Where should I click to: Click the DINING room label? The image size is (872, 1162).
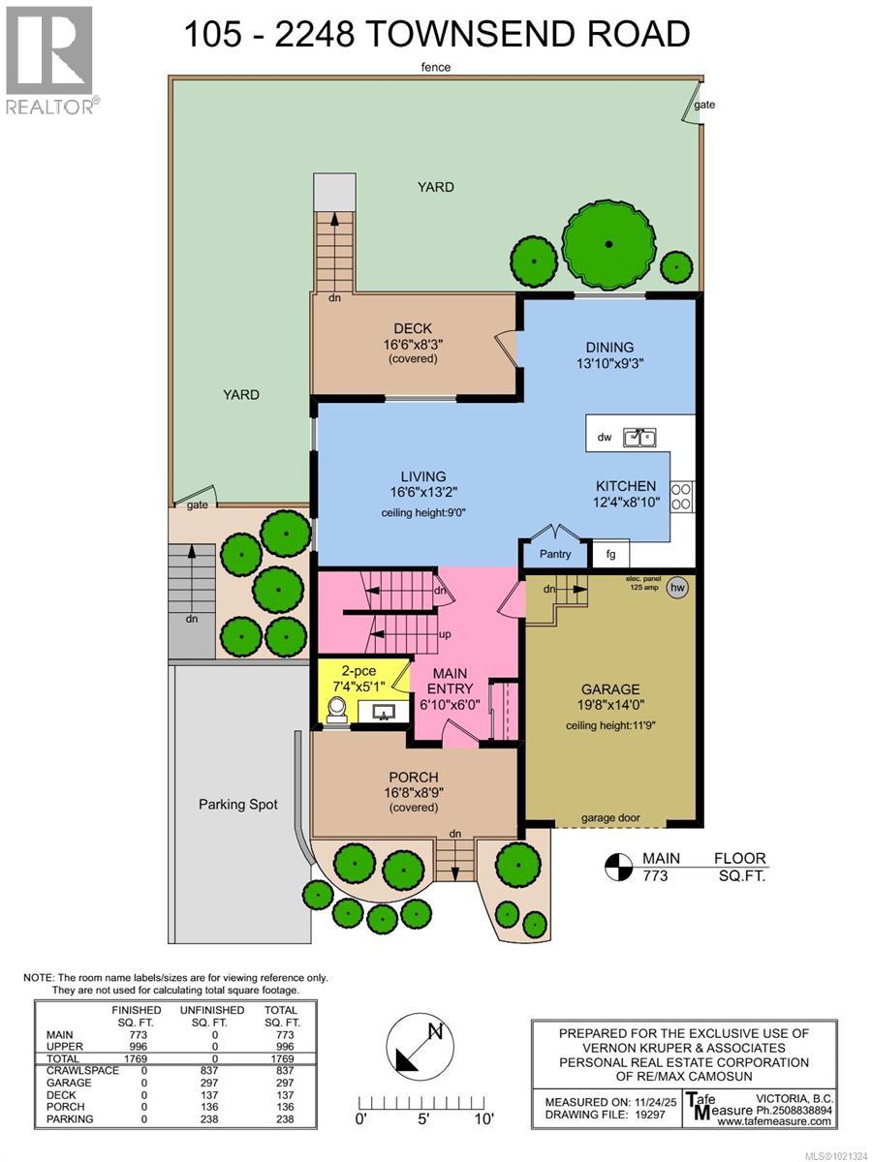coord(608,348)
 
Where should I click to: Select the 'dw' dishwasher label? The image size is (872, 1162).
coord(605,439)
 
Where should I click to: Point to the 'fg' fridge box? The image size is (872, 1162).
coord(610,555)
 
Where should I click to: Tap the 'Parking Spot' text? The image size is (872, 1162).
coord(238,804)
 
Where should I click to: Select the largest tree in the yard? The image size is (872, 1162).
coord(608,244)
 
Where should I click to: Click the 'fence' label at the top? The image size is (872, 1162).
coord(437,67)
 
